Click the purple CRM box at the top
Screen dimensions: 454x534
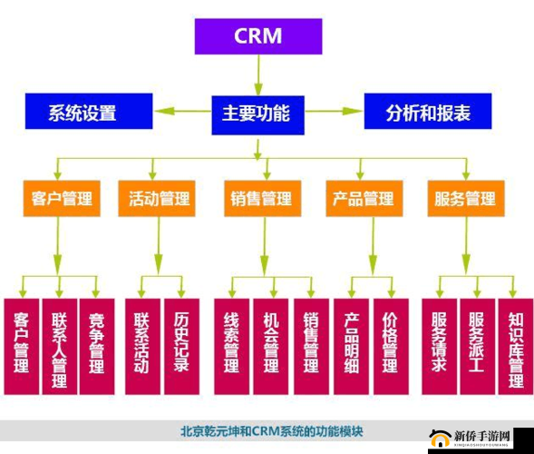pos(257,36)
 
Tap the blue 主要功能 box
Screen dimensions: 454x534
pos(257,113)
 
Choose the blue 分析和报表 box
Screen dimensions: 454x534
pos(427,113)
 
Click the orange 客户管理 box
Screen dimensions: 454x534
pos(61,199)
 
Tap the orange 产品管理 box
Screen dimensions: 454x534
pos(364,199)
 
